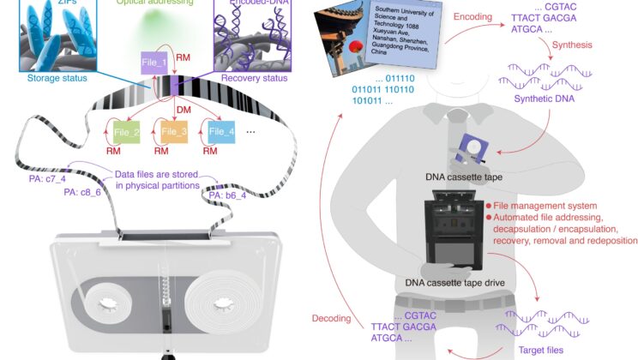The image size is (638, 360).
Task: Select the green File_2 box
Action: pos(126,131)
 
